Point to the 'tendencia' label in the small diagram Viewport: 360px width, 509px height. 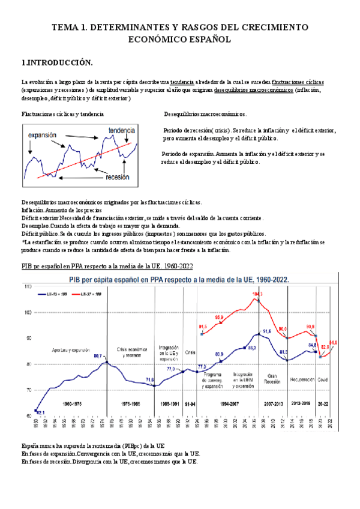click(122, 130)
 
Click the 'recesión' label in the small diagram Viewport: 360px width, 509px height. click(118, 177)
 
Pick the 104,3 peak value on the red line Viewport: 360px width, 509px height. click(257, 294)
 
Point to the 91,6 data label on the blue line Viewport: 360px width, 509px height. click(268, 331)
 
